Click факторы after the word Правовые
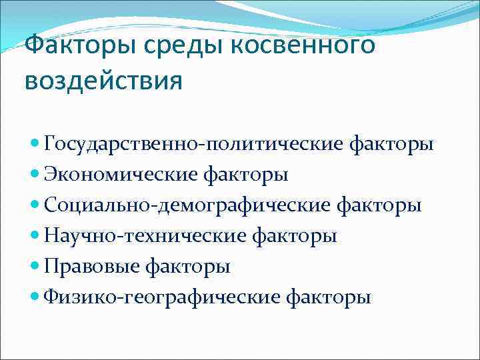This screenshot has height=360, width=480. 187,267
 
